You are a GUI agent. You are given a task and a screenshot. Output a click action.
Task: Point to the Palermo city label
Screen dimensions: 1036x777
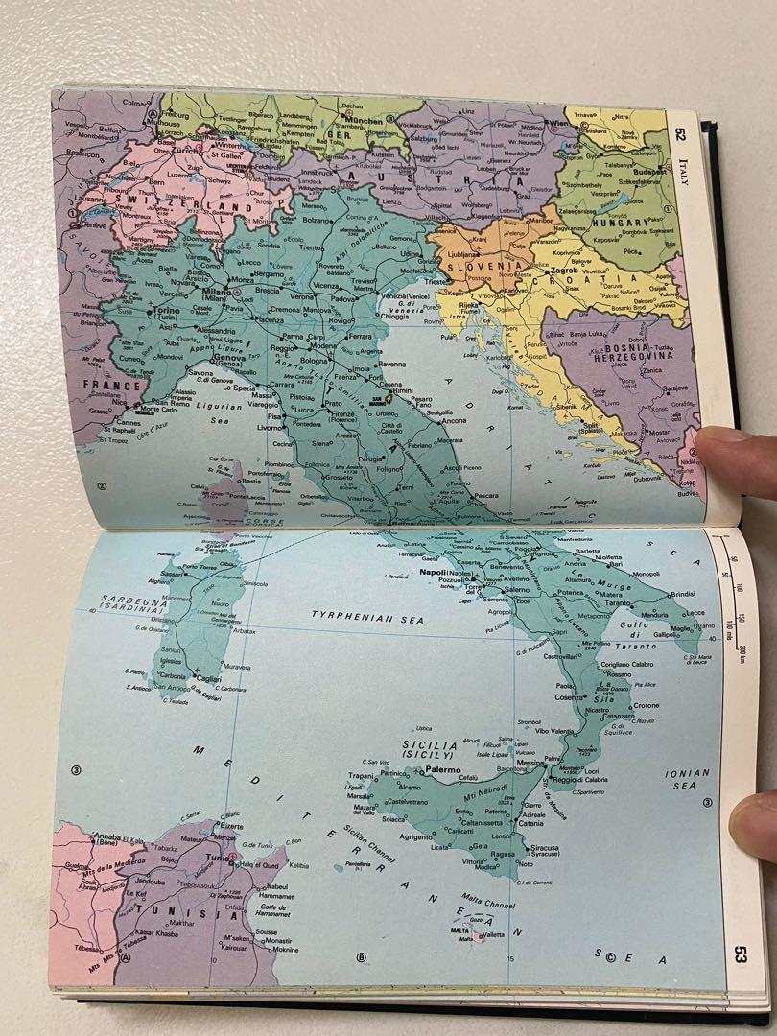(x=452, y=769)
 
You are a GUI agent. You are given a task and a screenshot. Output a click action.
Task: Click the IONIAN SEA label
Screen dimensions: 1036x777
(x=688, y=778)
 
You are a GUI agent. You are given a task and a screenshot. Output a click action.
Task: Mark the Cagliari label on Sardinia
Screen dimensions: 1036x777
(x=204, y=678)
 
